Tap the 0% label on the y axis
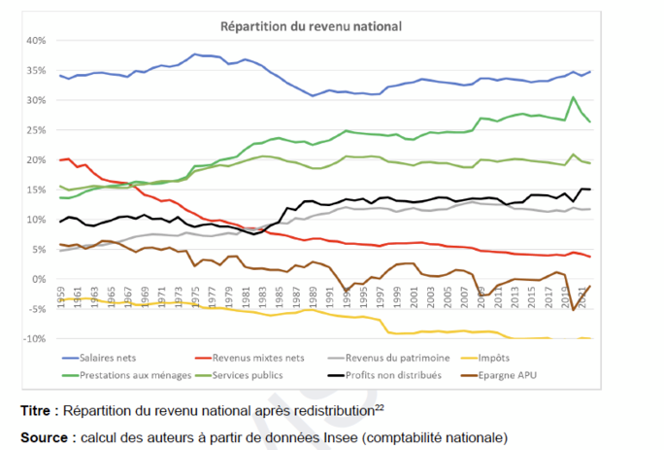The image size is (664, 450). click(x=37, y=279)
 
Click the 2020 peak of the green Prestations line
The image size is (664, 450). click(x=573, y=97)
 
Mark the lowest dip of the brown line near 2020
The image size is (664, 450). click(x=573, y=309)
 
